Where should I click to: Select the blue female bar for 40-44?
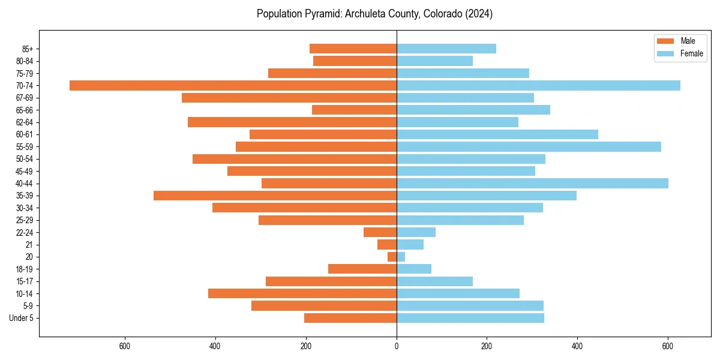532,183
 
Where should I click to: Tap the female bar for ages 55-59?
529,146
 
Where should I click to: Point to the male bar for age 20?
392,257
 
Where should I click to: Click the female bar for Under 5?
470,318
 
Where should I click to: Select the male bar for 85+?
353,49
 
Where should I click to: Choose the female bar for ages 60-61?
497,134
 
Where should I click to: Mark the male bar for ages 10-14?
302,293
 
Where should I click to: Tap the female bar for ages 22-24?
416,232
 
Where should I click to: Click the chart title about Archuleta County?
374,14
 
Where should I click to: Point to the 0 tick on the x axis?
397,346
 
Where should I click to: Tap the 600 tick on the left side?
125,346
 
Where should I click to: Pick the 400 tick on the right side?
577,346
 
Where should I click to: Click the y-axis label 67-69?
25,98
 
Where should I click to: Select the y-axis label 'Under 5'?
21,318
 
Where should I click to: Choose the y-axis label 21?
29,245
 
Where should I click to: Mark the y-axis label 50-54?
25,159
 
